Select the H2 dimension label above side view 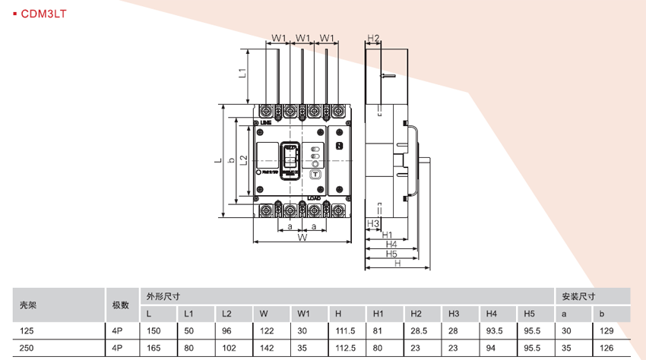point(373,38)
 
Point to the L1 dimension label point(242,74)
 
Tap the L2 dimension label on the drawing point(243,160)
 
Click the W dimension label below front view point(302,238)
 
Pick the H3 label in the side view point(372,223)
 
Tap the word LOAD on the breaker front point(313,197)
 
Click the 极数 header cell point(120,305)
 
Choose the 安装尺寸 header point(578,296)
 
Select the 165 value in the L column point(154,348)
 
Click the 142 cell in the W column point(265,348)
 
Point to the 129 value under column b point(605,331)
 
